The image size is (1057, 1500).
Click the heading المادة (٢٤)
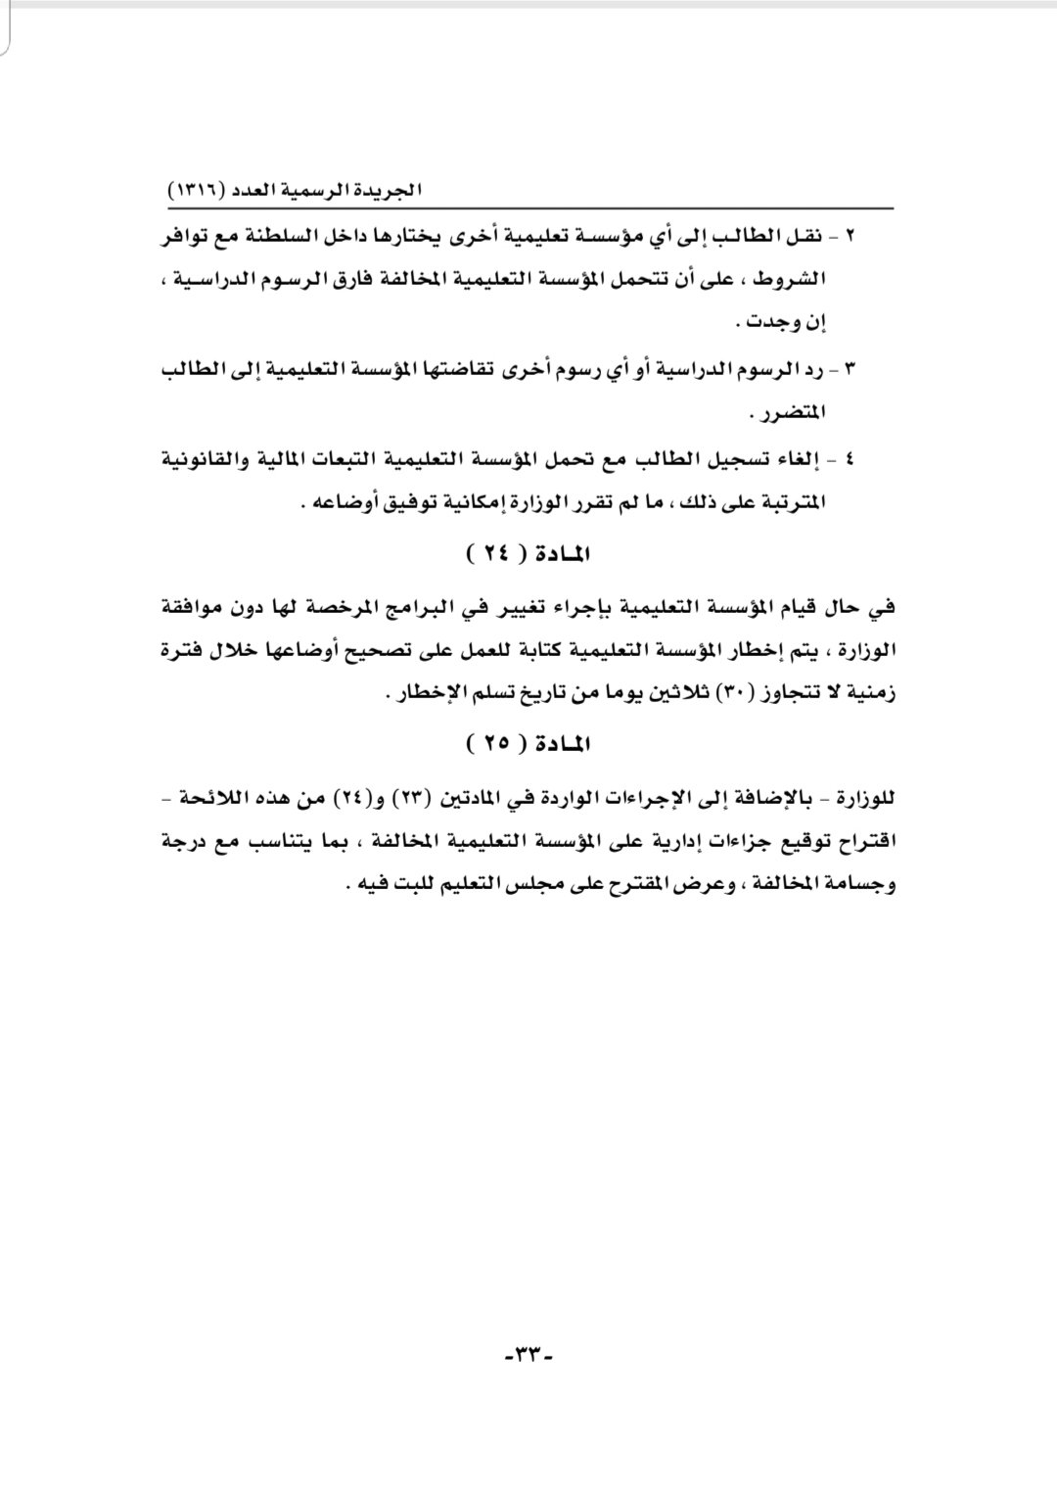click(528, 555)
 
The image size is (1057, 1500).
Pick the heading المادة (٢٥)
click(528, 744)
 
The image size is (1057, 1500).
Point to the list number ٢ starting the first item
click(850, 237)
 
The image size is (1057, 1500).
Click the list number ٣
click(850, 370)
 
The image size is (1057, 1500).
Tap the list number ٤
click(850, 458)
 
